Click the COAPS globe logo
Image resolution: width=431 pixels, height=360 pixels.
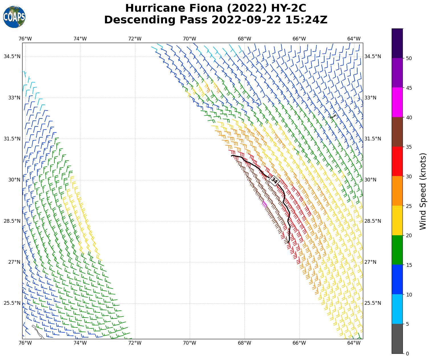coord(14,17)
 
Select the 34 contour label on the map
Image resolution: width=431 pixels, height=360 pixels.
coord(274,181)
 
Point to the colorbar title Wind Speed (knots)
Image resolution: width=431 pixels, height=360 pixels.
coord(423,191)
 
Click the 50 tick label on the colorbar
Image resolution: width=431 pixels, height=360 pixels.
coord(409,58)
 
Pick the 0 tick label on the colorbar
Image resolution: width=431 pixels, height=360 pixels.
coord(407,354)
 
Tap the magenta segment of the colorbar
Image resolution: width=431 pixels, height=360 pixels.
coord(397,102)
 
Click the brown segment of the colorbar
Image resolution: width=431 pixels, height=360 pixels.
coord(397,132)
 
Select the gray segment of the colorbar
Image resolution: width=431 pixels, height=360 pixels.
coord(397,339)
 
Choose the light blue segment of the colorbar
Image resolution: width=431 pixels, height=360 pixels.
coord(397,309)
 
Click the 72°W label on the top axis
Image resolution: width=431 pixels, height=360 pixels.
coord(135,39)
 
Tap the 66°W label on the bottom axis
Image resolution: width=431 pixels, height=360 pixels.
coord(299,343)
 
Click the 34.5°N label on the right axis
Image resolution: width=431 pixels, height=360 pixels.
coord(373,56)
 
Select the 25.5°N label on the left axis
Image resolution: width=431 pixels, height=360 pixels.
coord(12,303)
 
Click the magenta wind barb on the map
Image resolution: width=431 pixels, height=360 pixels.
coord(264,204)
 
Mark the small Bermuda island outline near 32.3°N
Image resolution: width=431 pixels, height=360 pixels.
coord(333,116)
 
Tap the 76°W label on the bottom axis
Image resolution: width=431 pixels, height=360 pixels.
coord(25,343)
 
